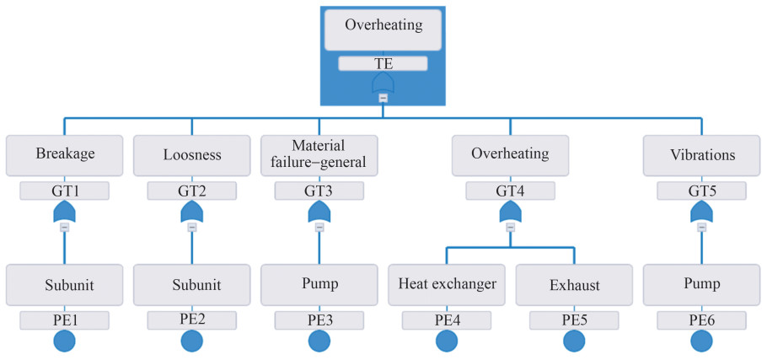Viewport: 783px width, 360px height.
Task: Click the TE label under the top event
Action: point(383,63)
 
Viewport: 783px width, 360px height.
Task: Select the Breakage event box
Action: point(64,155)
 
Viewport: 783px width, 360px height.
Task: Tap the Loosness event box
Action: point(192,155)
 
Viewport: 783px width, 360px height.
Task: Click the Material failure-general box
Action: point(319,155)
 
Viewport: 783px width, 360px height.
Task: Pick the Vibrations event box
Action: point(701,155)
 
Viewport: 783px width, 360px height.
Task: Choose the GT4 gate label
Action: point(511,191)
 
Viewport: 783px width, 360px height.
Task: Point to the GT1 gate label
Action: point(64,191)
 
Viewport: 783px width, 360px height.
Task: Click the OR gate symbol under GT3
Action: point(319,212)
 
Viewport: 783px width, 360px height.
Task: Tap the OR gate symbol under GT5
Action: point(701,212)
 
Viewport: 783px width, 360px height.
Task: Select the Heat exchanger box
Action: point(447,285)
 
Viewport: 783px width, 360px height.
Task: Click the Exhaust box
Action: point(574,285)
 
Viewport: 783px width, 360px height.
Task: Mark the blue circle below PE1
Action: point(64,341)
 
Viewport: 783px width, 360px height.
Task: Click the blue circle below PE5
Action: point(574,341)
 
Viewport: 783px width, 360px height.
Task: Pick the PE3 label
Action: point(319,320)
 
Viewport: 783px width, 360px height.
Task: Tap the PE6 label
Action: point(701,320)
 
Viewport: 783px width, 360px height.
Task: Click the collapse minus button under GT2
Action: point(192,227)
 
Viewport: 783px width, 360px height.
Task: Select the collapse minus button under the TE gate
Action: point(383,99)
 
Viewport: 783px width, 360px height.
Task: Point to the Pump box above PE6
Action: point(701,285)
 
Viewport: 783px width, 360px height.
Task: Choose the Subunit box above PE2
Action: point(192,285)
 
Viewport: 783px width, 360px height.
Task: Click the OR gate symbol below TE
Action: point(383,83)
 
